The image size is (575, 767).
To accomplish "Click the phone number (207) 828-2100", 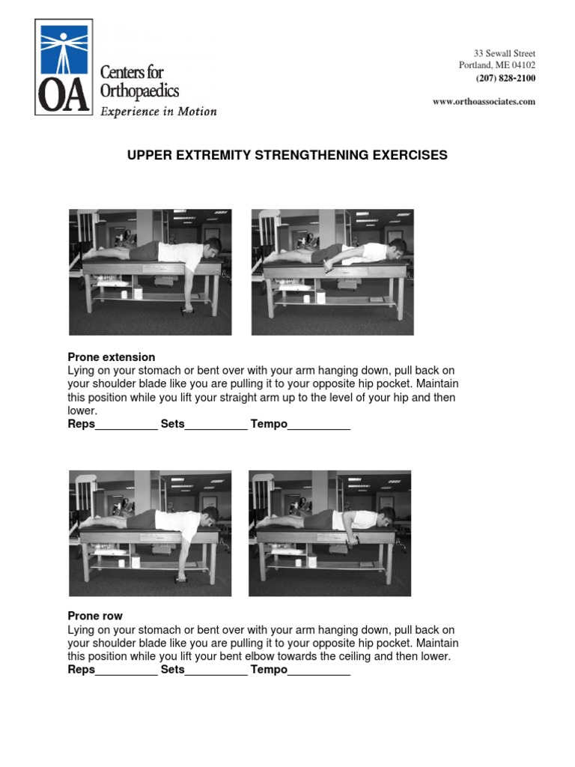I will click(505, 78).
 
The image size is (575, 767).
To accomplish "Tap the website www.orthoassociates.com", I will click(484, 102).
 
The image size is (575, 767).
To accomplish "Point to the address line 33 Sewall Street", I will click(504, 53).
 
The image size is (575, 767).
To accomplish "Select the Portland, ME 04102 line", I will click(496, 65).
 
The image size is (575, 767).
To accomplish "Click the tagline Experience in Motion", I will click(159, 112).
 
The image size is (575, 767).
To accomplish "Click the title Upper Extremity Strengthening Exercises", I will click(287, 155).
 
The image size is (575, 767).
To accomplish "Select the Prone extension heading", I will click(112, 357).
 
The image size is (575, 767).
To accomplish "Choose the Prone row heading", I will click(95, 616).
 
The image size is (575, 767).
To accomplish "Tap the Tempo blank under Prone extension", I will click(319, 425).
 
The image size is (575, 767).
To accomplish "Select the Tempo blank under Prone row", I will click(319, 670).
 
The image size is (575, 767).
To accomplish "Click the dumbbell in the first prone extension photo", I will click(187, 309).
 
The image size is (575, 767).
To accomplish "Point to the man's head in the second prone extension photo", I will click(398, 246).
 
